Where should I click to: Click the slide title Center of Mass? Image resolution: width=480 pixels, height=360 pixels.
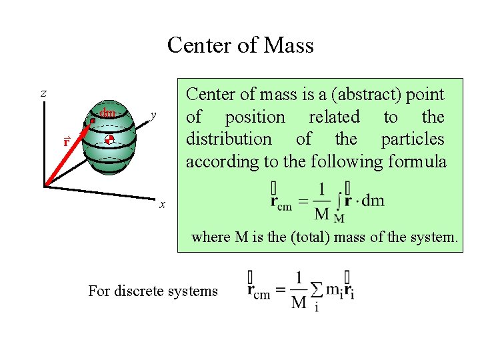click(240, 45)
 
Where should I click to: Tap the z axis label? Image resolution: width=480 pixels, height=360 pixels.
click(43, 94)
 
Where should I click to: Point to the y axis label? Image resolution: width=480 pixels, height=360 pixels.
click(153, 115)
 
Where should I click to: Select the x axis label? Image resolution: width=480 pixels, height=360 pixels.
click(161, 204)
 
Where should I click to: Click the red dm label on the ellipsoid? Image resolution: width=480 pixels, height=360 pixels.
click(107, 113)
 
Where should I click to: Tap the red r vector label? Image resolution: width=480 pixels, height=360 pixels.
click(67, 143)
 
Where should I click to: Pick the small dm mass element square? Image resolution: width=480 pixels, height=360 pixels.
click(93, 121)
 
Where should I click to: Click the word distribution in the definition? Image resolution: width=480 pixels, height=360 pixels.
click(229, 139)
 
